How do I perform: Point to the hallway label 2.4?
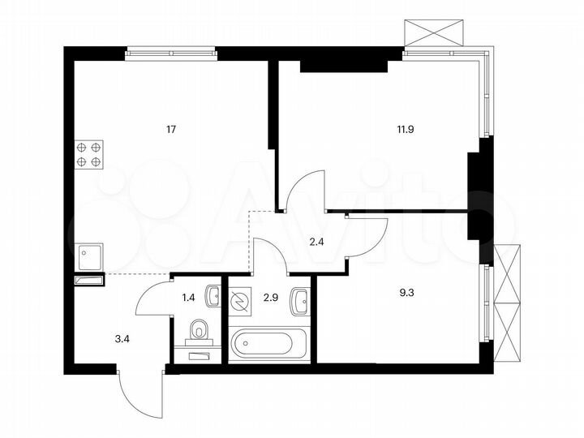(316, 241)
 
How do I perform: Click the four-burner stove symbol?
(89, 154)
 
